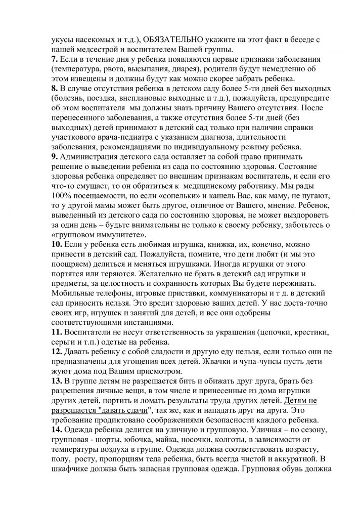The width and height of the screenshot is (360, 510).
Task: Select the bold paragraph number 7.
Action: pos(56,59)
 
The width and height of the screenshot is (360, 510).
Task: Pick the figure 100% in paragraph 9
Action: pos(63,195)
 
